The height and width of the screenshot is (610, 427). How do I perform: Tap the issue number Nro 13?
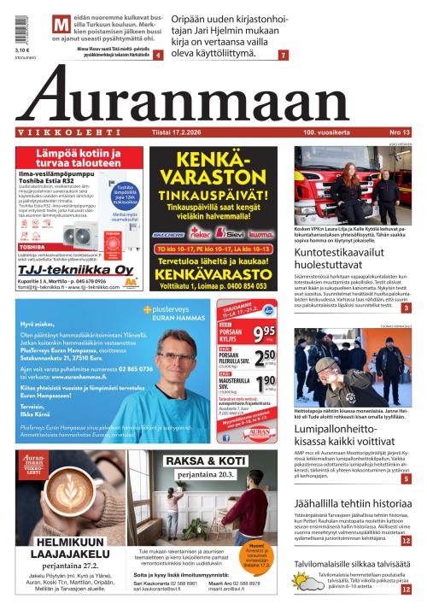(399, 132)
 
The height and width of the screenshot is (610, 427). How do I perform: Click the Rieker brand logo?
(202, 232)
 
